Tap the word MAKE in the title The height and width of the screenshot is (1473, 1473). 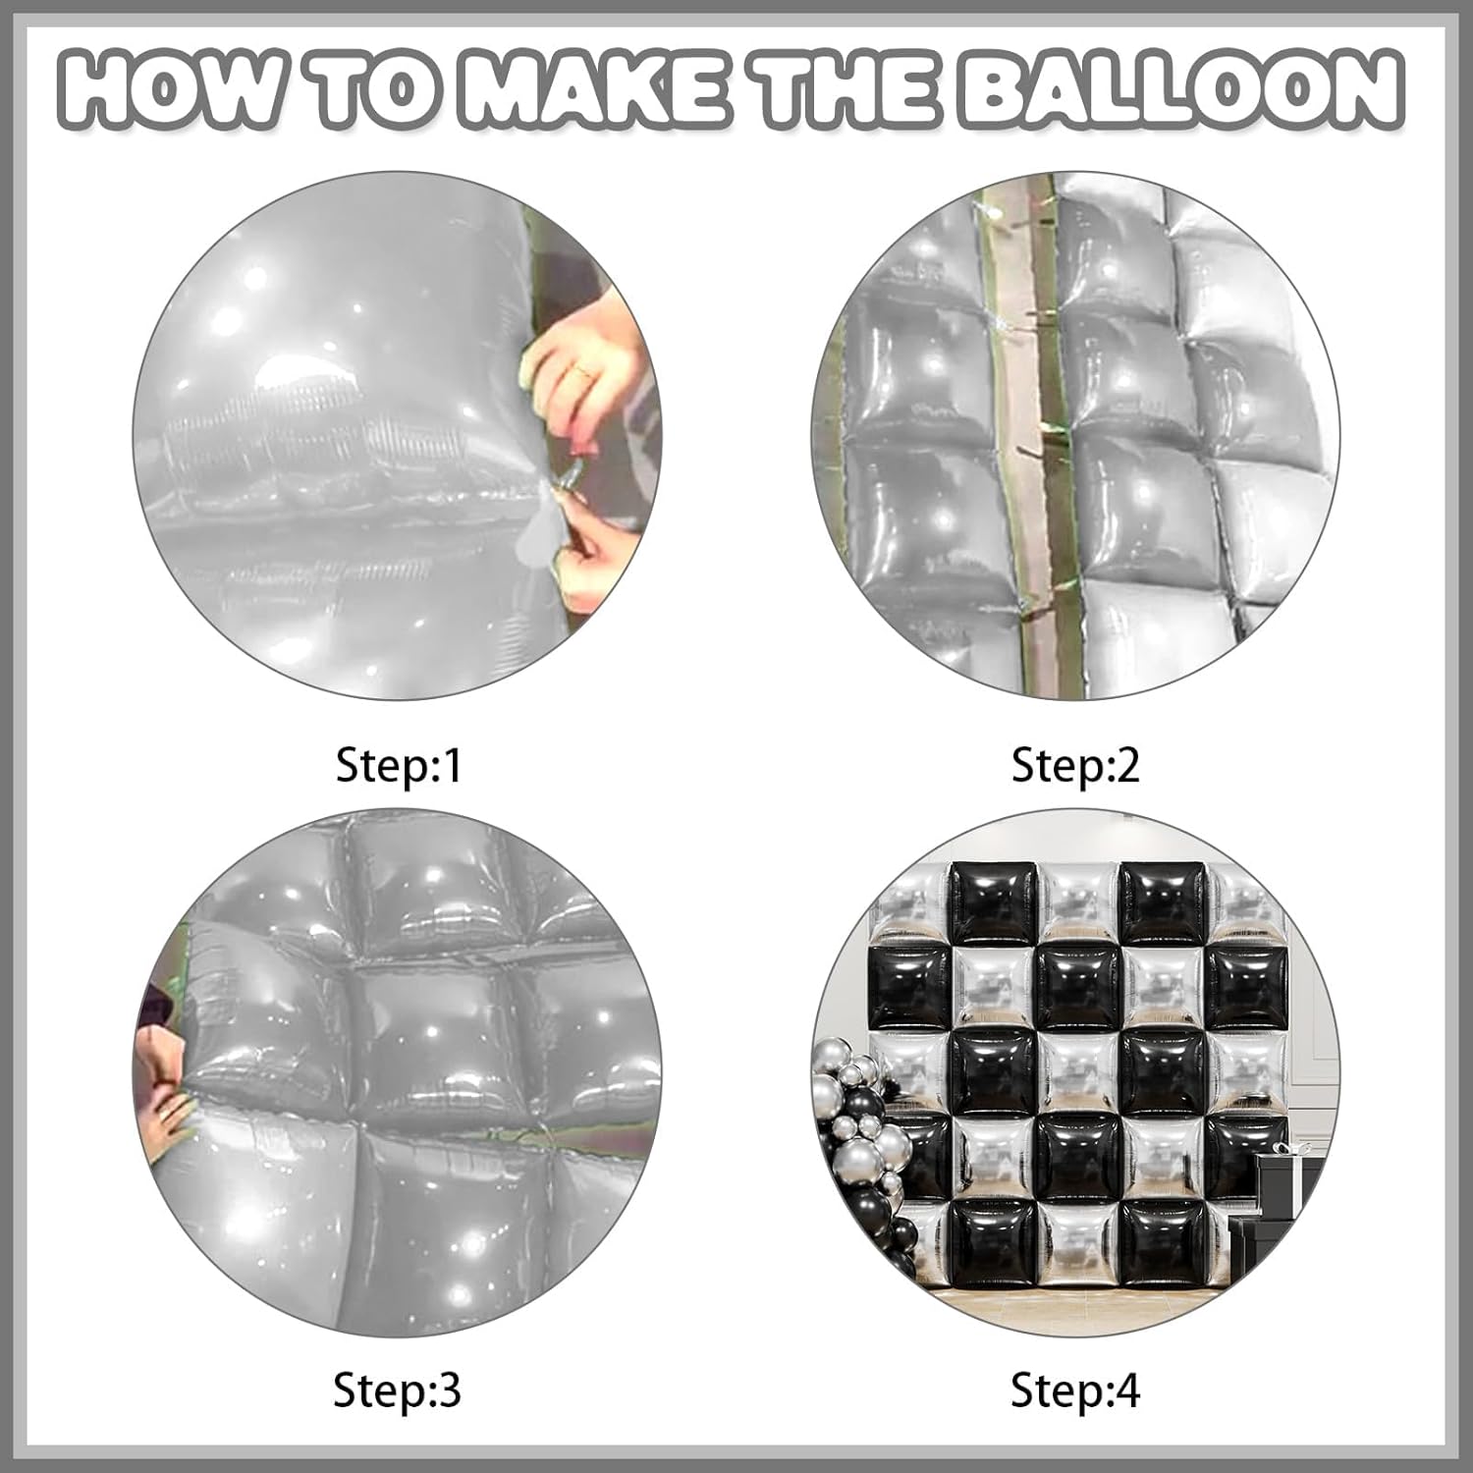coord(590,92)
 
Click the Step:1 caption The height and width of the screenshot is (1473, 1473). coord(398,765)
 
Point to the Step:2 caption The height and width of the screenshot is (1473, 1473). coord(1075,765)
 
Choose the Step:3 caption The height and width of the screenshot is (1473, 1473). coord(397,1391)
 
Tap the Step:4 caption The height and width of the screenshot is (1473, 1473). coord(1075,1391)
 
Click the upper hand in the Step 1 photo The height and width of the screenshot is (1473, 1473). coord(579,378)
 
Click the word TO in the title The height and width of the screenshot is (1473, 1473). coord(376,92)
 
